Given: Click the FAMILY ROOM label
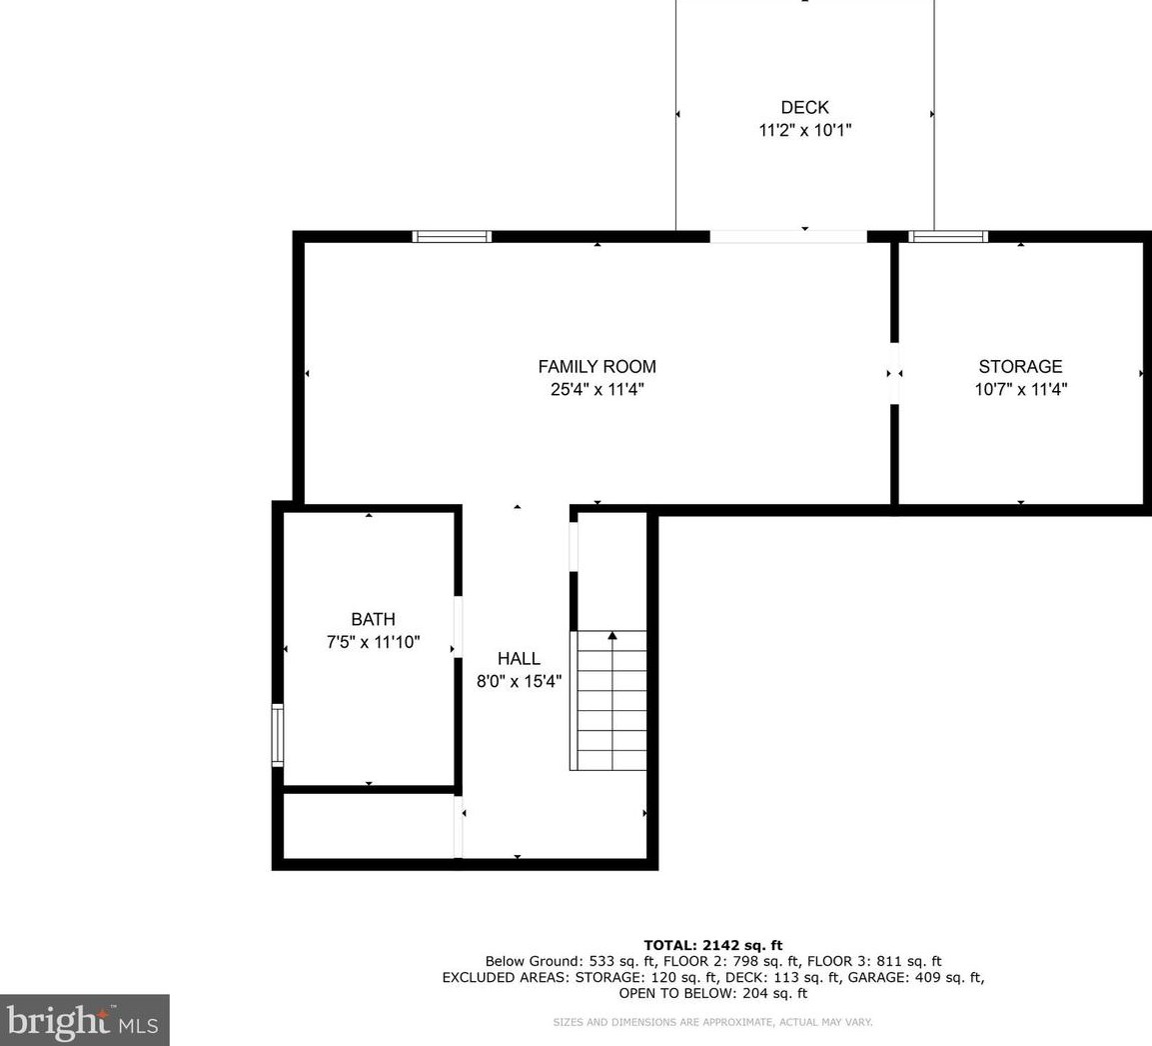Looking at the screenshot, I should tap(596, 367).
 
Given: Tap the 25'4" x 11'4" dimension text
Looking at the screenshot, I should tap(596, 390).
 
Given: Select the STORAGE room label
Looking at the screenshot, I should tap(1020, 367).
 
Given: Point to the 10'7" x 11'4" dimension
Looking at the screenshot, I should tap(1020, 390).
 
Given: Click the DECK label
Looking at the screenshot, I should tap(804, 108).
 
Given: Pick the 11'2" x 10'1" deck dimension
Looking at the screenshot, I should tap(804, 130).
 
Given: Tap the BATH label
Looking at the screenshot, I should tap(373, 620).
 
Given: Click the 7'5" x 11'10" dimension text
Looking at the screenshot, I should tap(373, 643).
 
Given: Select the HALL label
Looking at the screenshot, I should tap(519, 659).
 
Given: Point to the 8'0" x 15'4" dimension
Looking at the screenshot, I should tap(519, 682).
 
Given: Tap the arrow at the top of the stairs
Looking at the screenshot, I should tap(612, 635).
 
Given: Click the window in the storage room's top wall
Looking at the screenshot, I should tap(947, 237).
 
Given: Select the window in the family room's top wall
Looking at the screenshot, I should tap(452, 237).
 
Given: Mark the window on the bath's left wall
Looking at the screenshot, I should tap(278, 735).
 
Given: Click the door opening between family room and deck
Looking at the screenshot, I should tap(787, 237).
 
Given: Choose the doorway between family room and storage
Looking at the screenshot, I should tap(894, 373).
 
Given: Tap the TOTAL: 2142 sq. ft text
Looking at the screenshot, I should tap(712, 945).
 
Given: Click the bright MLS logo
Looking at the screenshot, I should tap(84, 1020).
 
